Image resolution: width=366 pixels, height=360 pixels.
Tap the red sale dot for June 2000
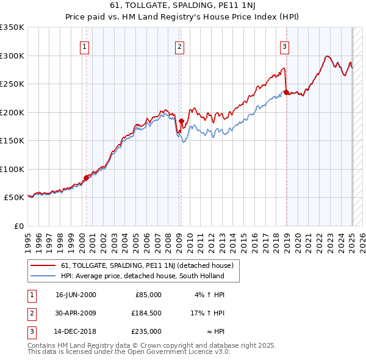tap(87, 178)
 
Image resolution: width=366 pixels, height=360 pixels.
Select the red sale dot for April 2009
tap(181, 121)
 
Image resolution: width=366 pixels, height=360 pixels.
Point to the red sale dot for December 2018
tap(286, 92)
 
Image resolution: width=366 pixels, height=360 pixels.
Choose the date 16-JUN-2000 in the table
tap(76, 295)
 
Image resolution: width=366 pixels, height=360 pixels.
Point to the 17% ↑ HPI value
tap(207, 313)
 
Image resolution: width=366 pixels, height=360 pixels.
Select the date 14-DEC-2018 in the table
tap(76, 332)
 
